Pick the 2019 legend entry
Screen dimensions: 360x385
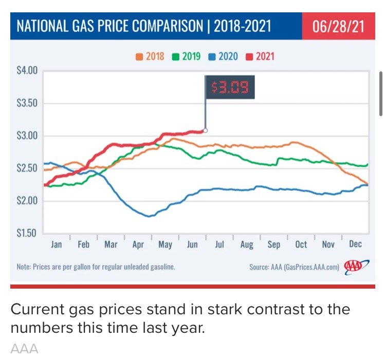186,56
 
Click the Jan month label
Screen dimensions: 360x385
57,244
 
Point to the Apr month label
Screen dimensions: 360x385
138,244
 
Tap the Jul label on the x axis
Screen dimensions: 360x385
219,244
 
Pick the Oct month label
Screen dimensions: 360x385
301,244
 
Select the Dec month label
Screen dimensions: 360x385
355,244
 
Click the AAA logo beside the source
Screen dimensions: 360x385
354,267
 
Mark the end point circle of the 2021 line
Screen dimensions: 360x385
205,130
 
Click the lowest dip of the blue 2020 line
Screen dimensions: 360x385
149,216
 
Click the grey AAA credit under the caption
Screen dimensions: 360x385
24,349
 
